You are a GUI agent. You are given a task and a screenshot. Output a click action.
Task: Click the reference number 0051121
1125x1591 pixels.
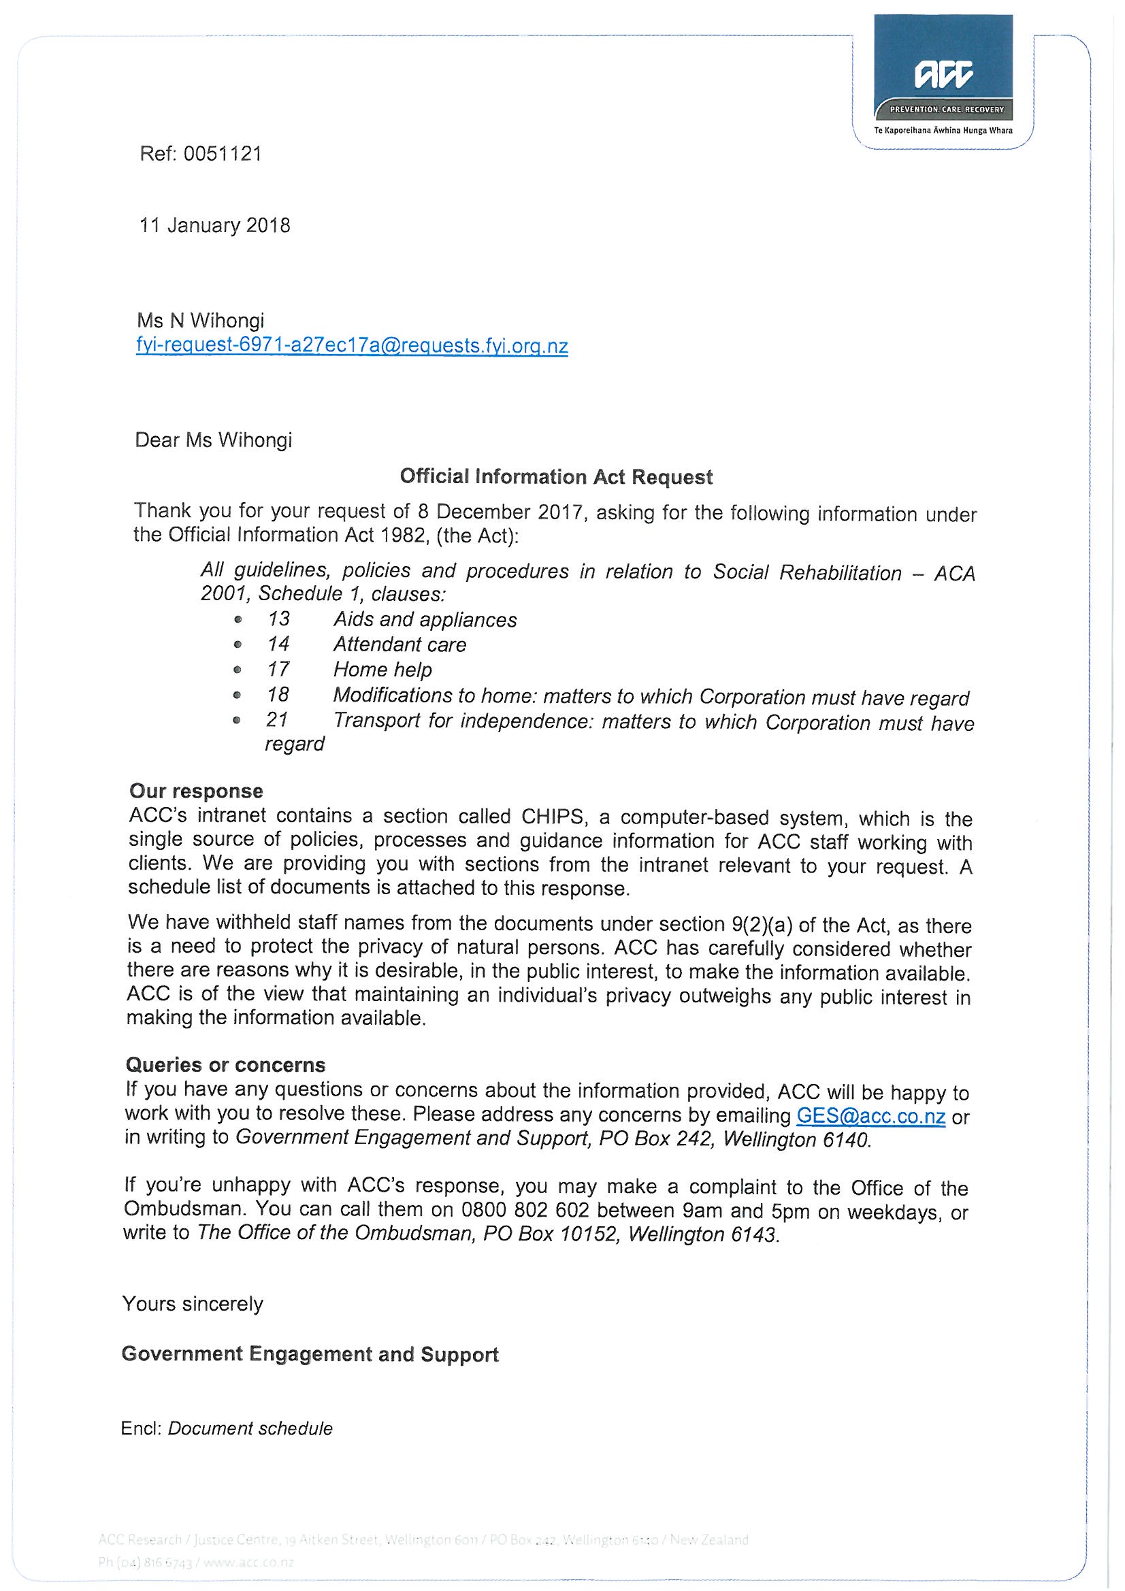click(223, 153)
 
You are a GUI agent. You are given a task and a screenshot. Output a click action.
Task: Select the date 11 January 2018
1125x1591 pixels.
click(215, 226)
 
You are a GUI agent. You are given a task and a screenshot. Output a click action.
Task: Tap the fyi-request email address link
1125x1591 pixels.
click(352, 346)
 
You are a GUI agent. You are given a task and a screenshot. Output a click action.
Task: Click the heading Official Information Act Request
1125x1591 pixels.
click(556, 477)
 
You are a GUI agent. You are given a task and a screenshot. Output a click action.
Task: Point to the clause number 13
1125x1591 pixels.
click(278, 619)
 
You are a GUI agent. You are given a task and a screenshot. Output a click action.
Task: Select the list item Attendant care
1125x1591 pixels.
click(400, 644)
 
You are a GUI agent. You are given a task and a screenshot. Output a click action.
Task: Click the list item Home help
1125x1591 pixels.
click(382, 670)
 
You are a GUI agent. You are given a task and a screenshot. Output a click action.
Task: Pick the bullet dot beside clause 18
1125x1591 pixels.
click(238, 695)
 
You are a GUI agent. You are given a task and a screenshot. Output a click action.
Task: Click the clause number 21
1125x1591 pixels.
click(276, 720)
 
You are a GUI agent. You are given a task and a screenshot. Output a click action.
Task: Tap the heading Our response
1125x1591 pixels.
click(196, 791)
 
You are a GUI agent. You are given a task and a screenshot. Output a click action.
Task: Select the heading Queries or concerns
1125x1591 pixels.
click(225, 1065)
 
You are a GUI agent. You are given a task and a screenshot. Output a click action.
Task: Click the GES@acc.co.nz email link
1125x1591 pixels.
click(871, 1116)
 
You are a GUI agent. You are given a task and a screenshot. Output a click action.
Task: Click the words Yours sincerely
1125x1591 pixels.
click(193, 1304)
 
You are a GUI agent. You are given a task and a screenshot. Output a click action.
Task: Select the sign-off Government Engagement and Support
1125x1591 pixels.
click(310, 1355)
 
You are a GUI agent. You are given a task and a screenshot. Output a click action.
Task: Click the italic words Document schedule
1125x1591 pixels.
click(250, 1429)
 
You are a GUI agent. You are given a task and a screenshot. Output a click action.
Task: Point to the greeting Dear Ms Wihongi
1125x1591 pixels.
click(214, 440)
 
